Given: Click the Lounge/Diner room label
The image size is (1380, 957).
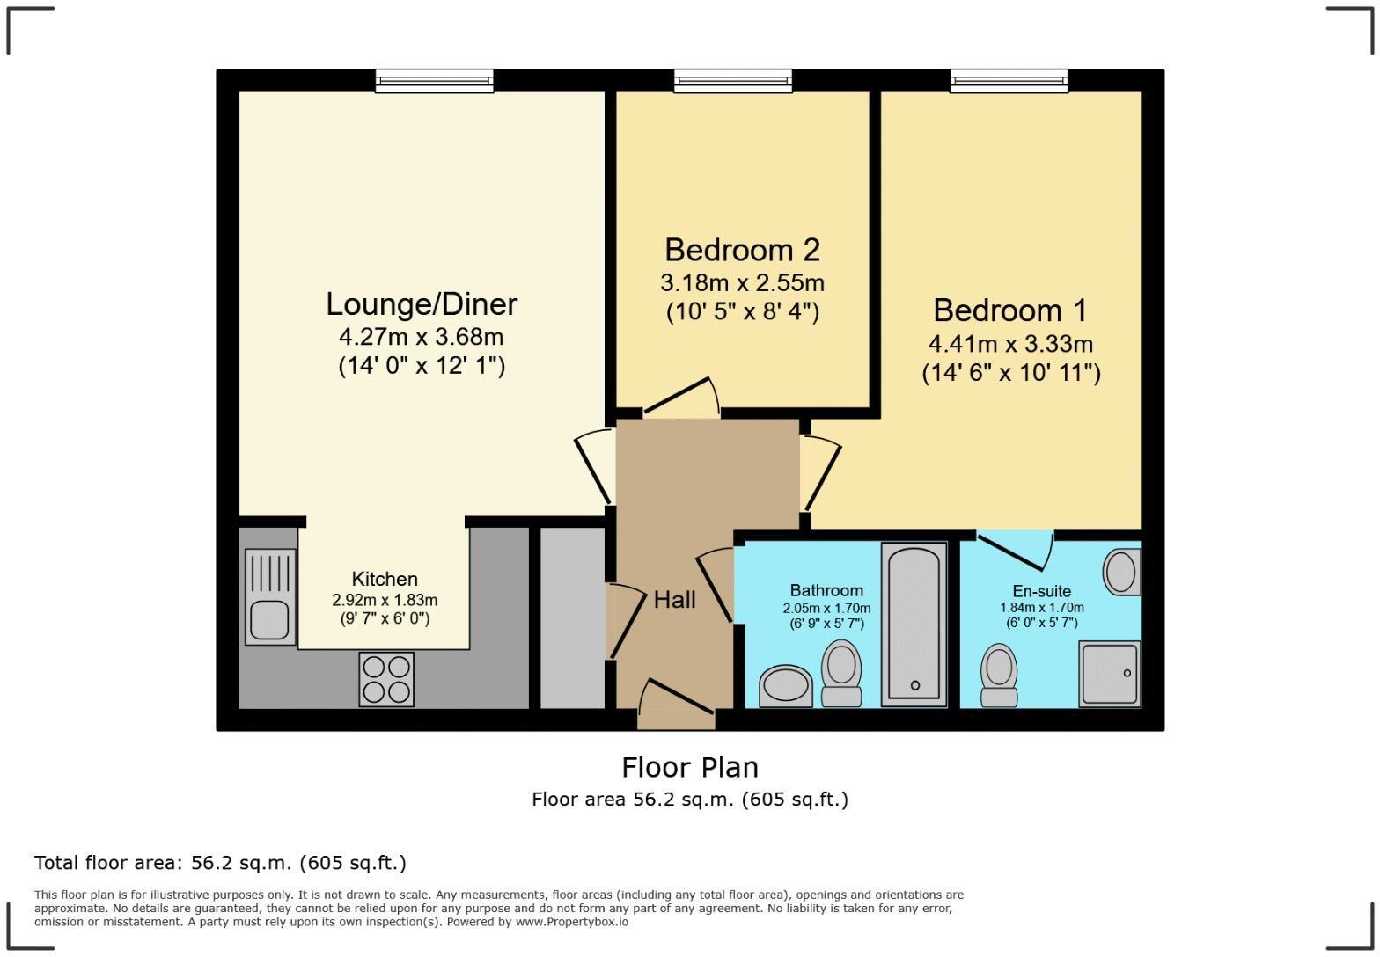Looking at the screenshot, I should (x=422, y=304).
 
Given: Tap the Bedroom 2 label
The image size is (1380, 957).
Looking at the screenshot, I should (x=742, y=250).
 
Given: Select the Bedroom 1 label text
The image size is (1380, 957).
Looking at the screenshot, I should (x=1009, y=310).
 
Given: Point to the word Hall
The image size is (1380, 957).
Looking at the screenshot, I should (x=674, y=600).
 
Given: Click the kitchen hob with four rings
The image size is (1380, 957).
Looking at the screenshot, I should (x=386, y=679).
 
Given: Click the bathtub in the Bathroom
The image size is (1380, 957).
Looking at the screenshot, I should (x=914, y=625).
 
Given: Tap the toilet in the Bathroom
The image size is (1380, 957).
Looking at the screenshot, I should (x=840, y=673).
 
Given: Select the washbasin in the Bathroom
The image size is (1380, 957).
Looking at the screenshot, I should (x=786, y=686).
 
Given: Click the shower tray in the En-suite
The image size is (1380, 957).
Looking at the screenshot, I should (x=1109, y=674).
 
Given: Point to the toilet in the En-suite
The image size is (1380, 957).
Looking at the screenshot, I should (x=999, y=676).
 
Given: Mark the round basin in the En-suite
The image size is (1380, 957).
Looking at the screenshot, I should (x=1121, y=572).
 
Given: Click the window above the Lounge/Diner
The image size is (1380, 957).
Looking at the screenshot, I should (x=434, y=81).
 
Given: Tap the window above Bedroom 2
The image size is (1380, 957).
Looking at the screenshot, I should (x=732, y=81).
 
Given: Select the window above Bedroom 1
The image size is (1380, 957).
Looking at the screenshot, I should (x=1009, y=81).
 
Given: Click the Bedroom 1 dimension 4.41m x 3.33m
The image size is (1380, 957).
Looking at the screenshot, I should (x=1010, y=344).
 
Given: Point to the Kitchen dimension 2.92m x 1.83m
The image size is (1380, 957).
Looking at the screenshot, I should (x=385, y=600).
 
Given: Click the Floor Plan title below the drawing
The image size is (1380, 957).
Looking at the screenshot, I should (x=689, y=767).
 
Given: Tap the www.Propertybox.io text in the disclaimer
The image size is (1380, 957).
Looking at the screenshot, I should (x=571, y=922).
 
